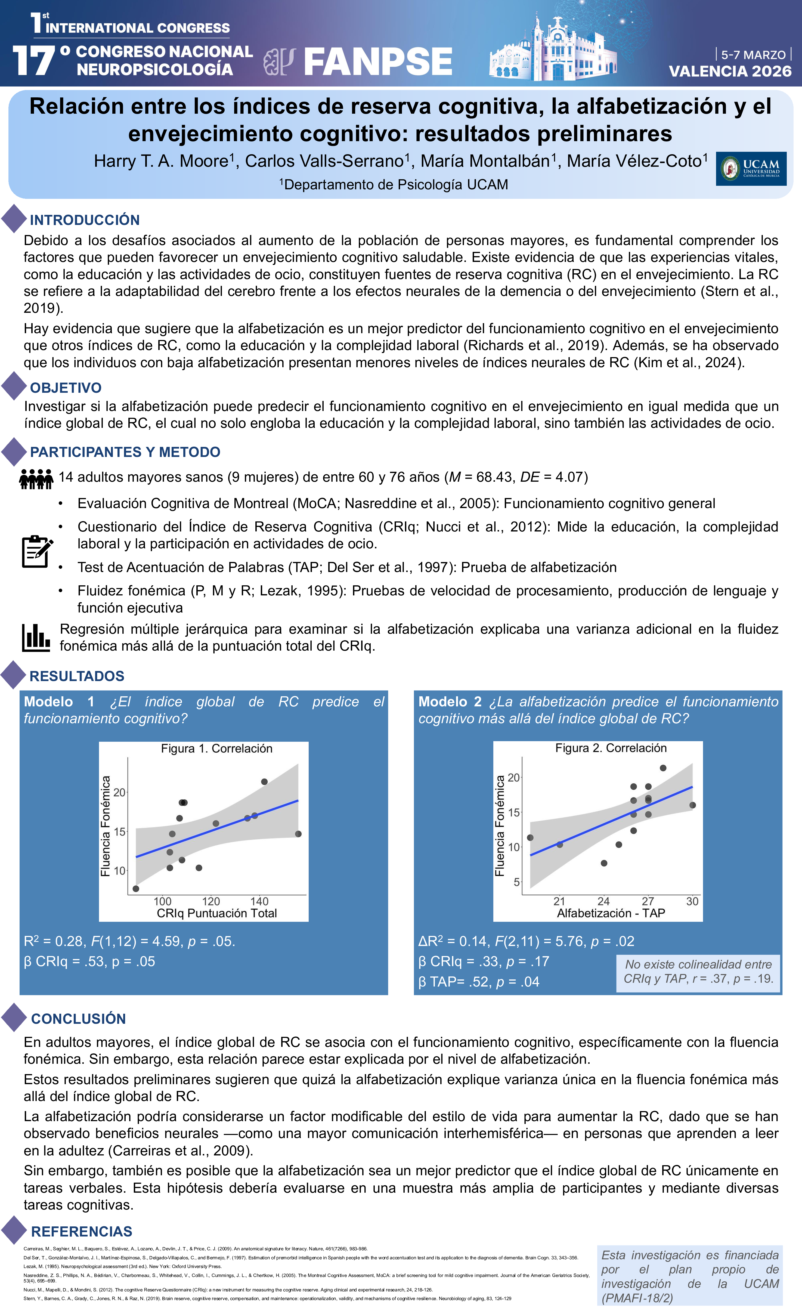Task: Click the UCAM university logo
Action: click(751, 169)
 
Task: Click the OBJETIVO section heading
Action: click(66, 388)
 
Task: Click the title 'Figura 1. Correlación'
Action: click(216, 749)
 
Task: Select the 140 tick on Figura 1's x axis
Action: click(259, 901)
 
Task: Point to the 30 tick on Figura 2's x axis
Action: click(692, 901)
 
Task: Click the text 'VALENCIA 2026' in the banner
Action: click(730, 71)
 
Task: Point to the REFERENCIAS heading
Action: click(81, 1231)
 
